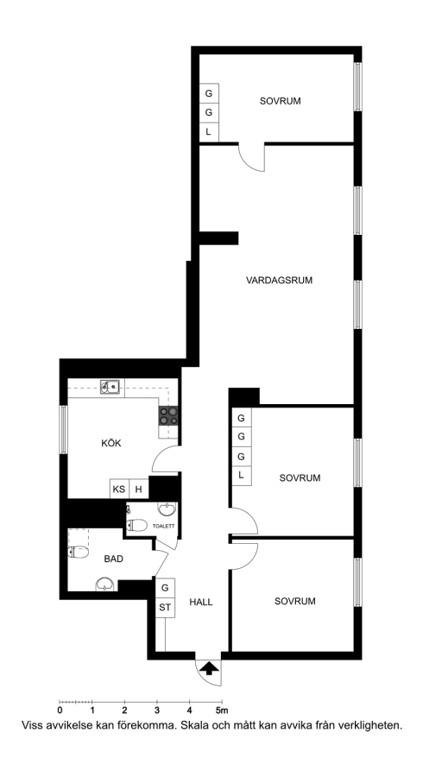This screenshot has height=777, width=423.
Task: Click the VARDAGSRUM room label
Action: (280, 281)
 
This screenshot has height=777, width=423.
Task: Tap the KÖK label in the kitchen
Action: (111, 443)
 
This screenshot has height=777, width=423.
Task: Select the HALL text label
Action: (201, 602)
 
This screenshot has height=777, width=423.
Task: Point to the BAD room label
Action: (113, 559)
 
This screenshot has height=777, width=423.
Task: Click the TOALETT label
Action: (163, 527)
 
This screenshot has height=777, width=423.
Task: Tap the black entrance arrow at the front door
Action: (210, 668)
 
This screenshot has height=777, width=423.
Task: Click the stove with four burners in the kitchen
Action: (168, 416)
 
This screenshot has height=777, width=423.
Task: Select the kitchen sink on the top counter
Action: (110, 387)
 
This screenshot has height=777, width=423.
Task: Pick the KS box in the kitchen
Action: (119, 490)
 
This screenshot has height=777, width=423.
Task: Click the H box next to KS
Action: (139, 490)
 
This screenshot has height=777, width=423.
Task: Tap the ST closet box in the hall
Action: (165, 608)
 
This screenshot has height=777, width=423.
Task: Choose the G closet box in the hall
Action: (165, 588)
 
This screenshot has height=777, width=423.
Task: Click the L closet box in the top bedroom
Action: (209, 132)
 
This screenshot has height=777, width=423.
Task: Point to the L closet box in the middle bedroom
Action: (241, 475)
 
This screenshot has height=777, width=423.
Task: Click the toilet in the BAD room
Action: (79, 552)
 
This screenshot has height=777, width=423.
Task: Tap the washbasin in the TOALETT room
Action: (167, 509)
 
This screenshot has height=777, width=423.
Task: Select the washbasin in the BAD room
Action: (104, 584)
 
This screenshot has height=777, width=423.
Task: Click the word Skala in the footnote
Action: (196, 726)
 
